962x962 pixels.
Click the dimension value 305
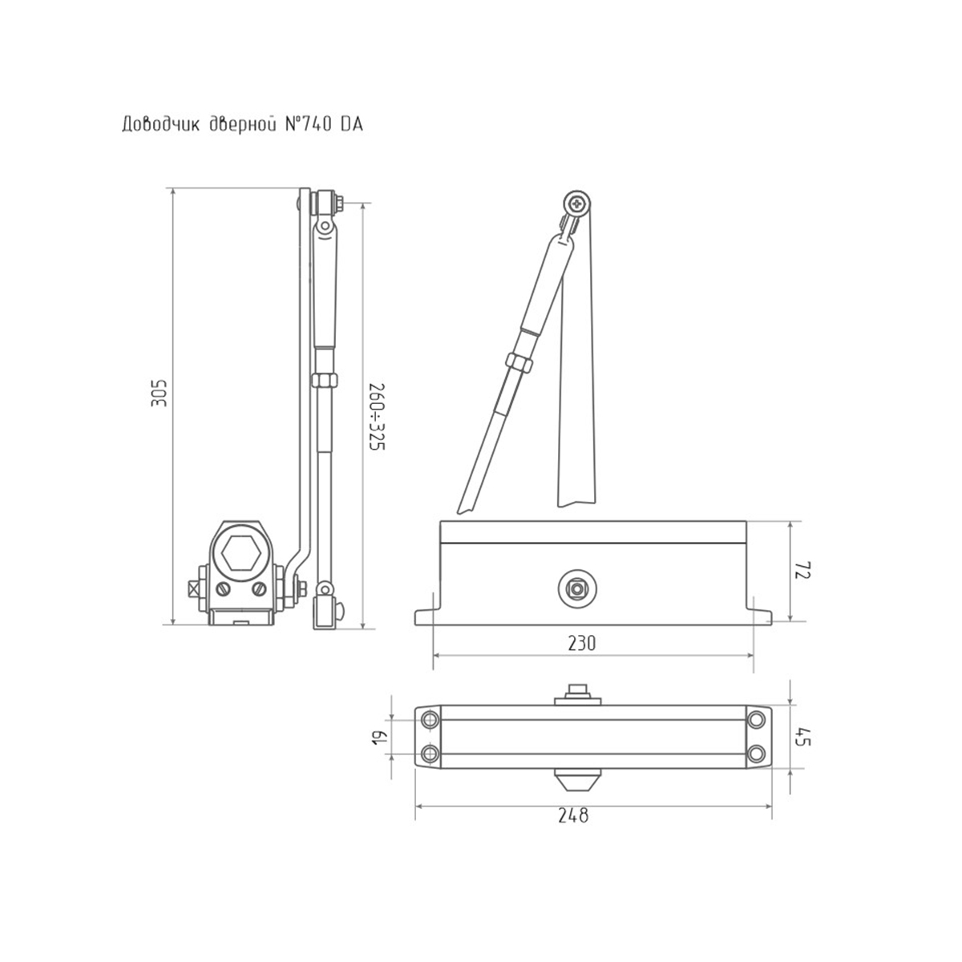tap(160, 393)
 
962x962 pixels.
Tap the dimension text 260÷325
tap(377, 417)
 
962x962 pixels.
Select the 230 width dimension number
tap(582, 643)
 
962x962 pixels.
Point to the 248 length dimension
tap(574, 816)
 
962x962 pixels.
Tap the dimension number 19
tap(379, 738)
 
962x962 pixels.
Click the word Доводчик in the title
tap(161, 125)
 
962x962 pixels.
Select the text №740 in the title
tap(308, 125)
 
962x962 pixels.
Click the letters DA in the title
tap(351, 125)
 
